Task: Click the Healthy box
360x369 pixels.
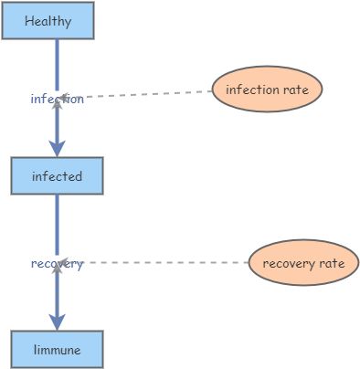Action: pos(48,21)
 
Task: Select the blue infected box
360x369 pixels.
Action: pos(57,175)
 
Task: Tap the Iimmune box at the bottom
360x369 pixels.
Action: pos(57,349)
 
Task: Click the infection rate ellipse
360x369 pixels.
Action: pos(267,90)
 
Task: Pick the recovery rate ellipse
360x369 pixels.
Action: pos(303,263)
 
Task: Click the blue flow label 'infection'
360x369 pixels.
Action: pos(57,99)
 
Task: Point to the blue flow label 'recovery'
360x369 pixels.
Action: pos(57,264)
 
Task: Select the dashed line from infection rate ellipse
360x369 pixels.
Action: pos(146,94)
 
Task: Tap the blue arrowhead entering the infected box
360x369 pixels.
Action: pos(57,148)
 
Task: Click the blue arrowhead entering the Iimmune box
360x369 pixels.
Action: pos(57,322)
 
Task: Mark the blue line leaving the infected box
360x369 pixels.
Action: pos(57,224)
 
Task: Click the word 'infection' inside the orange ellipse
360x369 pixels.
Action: pos(252,90)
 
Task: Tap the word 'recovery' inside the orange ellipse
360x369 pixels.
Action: pos(287,264)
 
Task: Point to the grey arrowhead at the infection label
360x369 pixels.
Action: pos(57,103)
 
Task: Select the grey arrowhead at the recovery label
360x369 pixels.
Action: pos(57,269)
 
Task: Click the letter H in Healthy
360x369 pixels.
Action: pos(28,21)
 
